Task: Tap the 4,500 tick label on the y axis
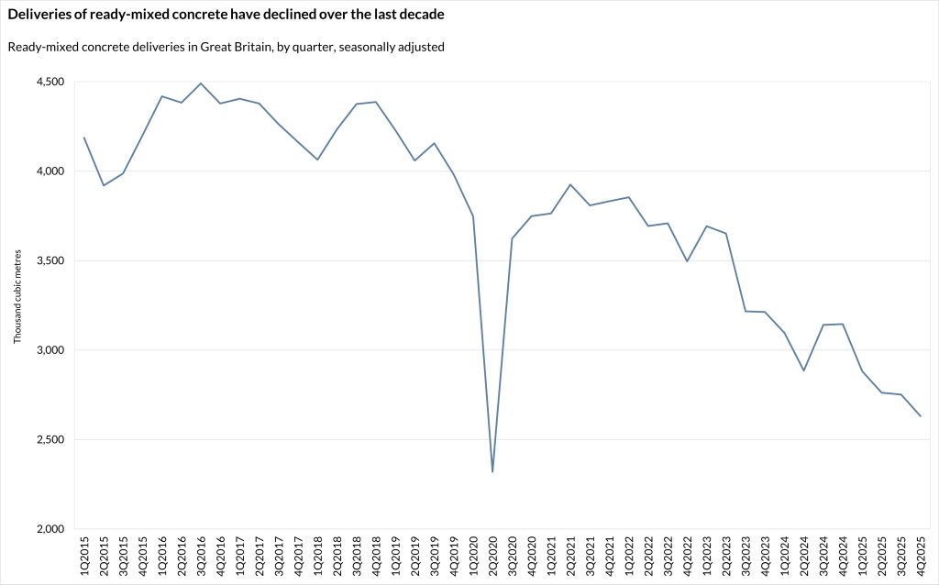50,82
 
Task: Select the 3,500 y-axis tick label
50,260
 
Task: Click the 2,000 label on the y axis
50,529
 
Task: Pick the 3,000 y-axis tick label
50,350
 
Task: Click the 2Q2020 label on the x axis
493,557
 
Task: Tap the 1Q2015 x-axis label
84,557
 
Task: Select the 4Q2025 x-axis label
921,557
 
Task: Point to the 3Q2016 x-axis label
201,557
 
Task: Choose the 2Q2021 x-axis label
570,557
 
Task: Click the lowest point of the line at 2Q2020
493,472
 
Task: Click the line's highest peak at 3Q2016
201,83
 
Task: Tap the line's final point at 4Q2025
921,416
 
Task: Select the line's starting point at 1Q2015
84,138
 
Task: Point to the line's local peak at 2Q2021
570,184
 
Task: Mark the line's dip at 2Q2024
804,370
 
